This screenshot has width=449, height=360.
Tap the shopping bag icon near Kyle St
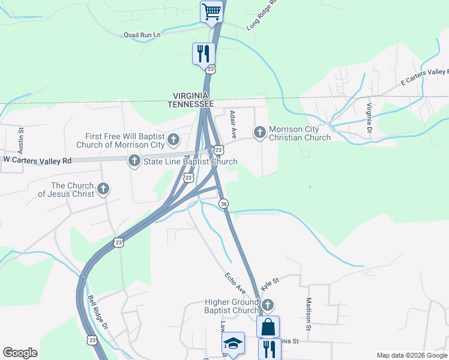click(x=268, y=326)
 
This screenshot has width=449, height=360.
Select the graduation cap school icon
click(x=232, y=343)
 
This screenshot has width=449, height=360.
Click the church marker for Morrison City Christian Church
click(x=260, y=131)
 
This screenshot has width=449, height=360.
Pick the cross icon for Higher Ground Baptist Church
click(x=268, y=305)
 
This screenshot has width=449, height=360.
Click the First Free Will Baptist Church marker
click(x=173, y=140)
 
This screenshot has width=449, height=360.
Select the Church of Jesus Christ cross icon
click(x=103, y=189)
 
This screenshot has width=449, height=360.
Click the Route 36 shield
click(x=223, y=204)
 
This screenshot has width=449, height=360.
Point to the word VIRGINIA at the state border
click(x=190, y=96)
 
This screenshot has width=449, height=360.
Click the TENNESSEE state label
click(x=190, y=104)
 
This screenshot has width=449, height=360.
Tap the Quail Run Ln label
click(x=142, y=35)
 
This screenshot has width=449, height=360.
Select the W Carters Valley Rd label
click(x=37, y=160)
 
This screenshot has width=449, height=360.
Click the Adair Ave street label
click(x=234, y=122)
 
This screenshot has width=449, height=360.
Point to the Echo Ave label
click(x=236, y=283)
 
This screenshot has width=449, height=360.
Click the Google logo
click(x=20, y=353)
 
